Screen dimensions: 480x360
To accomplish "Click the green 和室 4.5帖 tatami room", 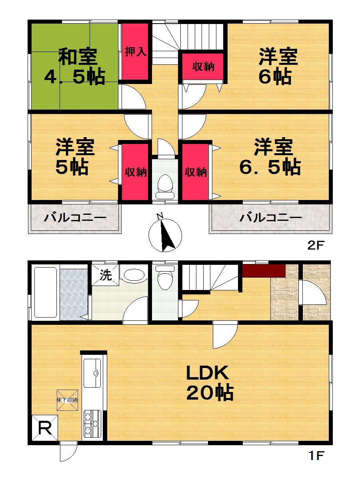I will coord(74,66).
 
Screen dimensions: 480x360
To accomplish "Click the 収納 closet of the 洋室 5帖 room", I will coord(134,172).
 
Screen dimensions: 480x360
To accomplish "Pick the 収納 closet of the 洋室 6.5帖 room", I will coord(195,172).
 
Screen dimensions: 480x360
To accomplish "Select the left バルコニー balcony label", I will coord(74,218).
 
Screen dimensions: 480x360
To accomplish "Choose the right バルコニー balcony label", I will coord(270,218).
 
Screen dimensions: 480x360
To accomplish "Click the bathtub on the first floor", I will coord(46,292).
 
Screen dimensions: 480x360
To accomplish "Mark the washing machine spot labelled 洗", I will coord(106,276).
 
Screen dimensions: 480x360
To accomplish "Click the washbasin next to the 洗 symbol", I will coord(134,276).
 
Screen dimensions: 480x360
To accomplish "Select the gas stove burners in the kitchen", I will coord(93,425).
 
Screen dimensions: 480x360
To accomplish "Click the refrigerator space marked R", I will coord(45,429).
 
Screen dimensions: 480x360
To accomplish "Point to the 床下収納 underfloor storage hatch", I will coord(67,400).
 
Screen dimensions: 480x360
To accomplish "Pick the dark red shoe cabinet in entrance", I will coord(263,270).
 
